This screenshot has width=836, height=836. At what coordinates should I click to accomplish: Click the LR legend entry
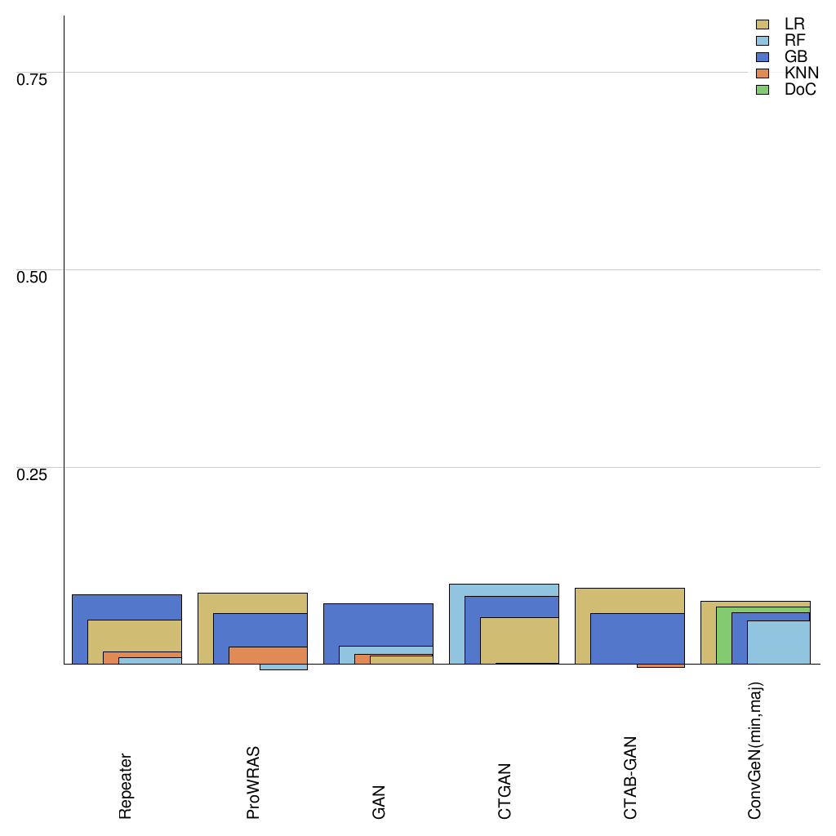tap(783, 24)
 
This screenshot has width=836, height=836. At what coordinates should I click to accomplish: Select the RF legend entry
tap(783, 41)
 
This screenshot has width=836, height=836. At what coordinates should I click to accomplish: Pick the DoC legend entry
tap(783, 90)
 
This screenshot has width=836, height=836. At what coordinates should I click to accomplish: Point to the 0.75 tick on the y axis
tap(33, 79)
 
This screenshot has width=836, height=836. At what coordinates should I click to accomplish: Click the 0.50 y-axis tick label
tap(33, 277)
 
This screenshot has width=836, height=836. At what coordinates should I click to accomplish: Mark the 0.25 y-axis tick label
tap(33, 475)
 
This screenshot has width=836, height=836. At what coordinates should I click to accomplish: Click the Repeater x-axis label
tap(125, 786)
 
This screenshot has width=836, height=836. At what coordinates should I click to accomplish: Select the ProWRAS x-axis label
tap(253, 782)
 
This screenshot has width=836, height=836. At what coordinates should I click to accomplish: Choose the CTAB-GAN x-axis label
tap(630, 778)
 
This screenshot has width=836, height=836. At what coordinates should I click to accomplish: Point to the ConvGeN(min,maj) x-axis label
tap(755, 751)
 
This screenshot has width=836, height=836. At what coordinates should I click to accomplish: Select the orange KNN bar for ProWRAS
tap(268, 655)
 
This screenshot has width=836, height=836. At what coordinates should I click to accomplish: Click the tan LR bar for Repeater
tap(134, 635)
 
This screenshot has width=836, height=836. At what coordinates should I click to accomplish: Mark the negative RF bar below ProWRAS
tap(283, 667)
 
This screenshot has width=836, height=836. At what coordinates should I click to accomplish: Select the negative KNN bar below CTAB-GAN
tap(660, 666)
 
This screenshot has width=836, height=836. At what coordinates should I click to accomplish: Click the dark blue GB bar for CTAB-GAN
tap(637, 638)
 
